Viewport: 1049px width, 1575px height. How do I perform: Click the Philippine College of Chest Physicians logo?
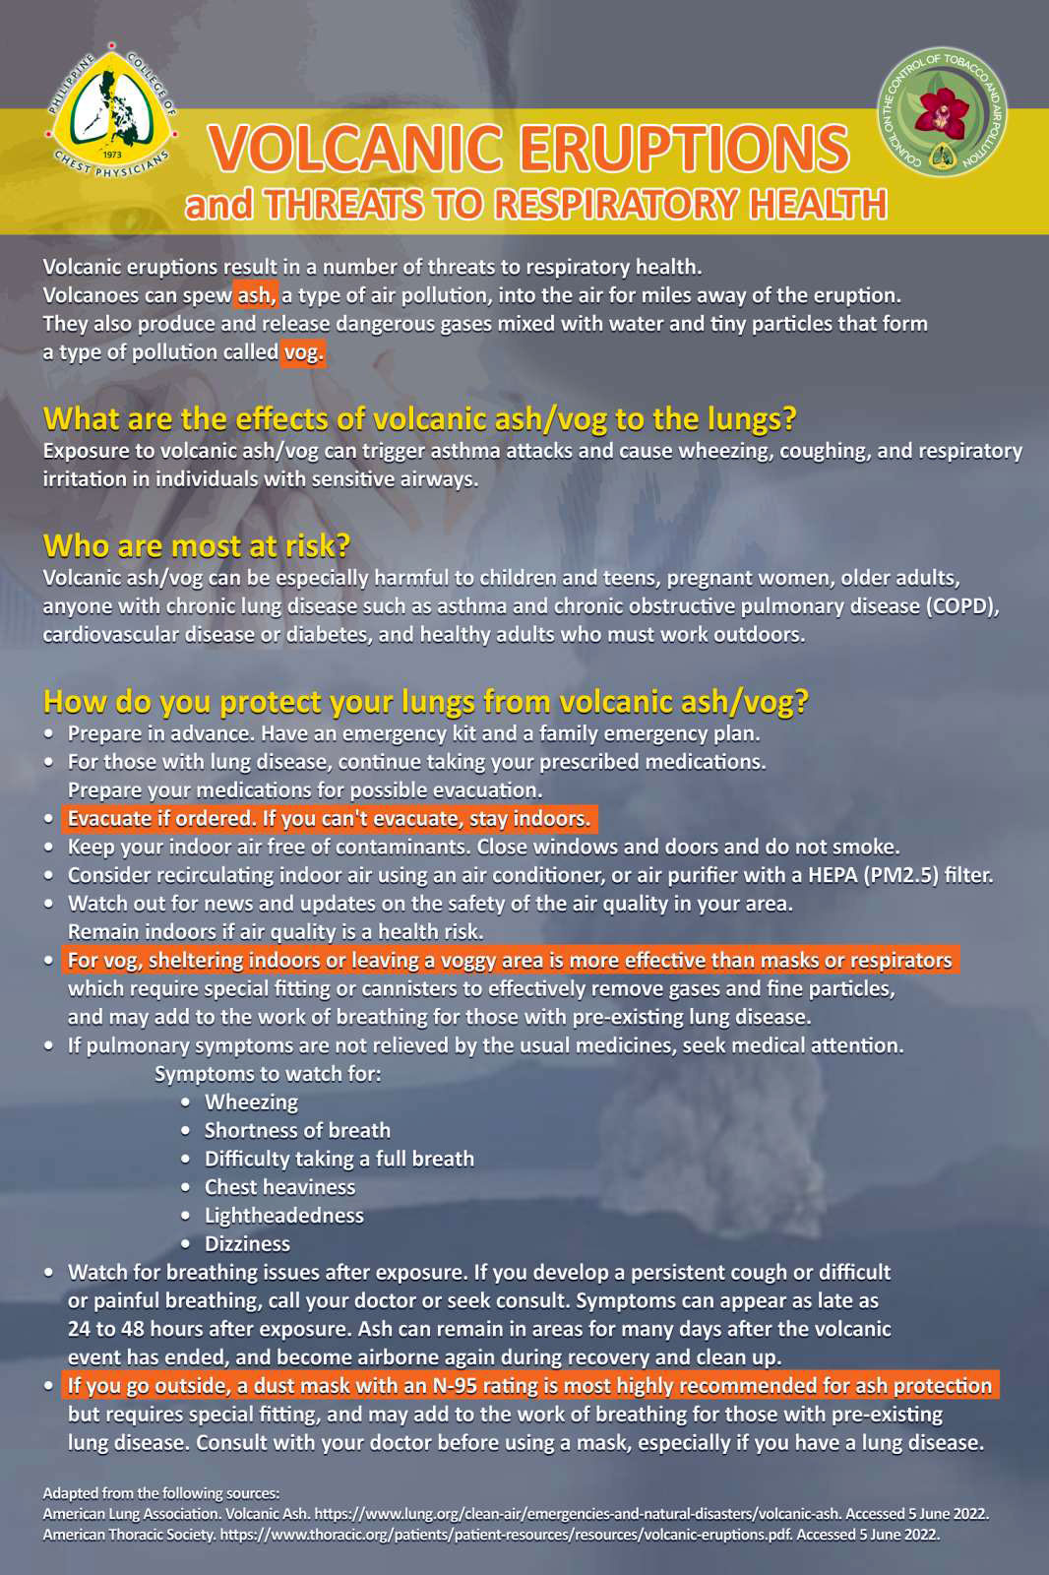[111, 111]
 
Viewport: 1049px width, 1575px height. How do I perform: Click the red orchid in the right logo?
[942, 112]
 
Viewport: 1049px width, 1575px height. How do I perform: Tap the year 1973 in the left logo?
[112, 155]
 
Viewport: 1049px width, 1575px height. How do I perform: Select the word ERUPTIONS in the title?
[683, 149]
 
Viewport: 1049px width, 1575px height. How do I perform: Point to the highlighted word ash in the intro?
[255, 295]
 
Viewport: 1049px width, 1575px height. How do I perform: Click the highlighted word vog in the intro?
[302, 352]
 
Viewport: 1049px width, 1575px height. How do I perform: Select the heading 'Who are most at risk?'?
[197, 545]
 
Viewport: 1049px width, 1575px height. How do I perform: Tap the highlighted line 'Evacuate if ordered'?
[329, 819]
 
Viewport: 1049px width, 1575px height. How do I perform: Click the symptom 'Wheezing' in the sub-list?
[251, 1102]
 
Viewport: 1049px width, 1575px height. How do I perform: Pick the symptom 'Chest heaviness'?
[279, 1187]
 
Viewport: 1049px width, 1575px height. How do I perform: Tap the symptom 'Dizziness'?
[247, 1244]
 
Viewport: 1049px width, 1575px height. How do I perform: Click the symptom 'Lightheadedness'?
[283, 1216]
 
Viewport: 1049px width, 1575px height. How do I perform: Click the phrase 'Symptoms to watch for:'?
[268, 1074]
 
